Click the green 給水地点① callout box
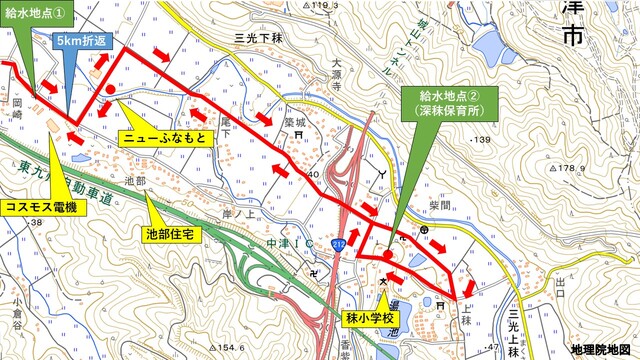tap(36, 13)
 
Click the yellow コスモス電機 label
tap(39, 207)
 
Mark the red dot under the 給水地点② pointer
tap(388, 255)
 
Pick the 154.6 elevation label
tap(232, 346)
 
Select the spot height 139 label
tap(483, 140)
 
